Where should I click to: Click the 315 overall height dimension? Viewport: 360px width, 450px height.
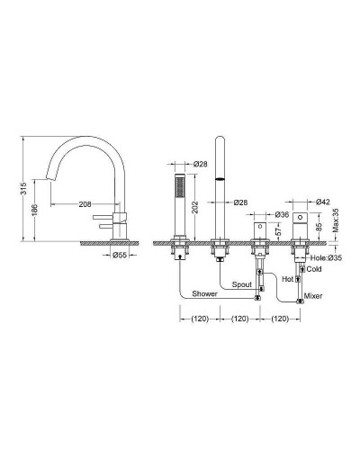(x=24, y=188)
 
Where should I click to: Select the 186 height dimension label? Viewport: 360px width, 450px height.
(x=34, y=211)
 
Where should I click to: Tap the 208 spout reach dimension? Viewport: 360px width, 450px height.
(x=85, y=204)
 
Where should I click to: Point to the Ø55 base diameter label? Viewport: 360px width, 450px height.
(x=120, y=255)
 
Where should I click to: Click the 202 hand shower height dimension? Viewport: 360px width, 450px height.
(x=195, y=207)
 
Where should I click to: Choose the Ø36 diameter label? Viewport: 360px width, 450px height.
(x=282, y=214)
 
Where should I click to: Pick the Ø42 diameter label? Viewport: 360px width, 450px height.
(x=323, y=202)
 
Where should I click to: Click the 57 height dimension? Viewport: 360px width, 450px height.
(x=278, y=230)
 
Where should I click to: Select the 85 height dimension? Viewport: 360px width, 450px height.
(x=319, y=227)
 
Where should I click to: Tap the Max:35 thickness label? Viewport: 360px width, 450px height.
(x=336, y=221)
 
